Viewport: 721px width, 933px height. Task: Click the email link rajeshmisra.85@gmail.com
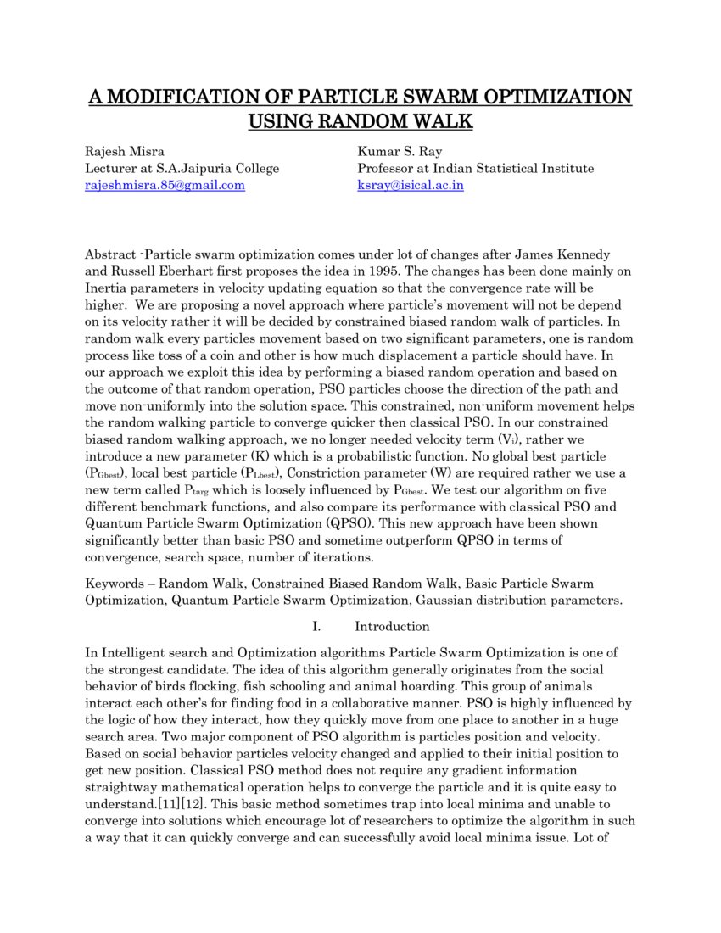coord(165,185)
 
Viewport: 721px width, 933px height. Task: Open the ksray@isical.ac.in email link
coord(411,185)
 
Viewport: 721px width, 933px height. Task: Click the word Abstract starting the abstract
coord(109,254)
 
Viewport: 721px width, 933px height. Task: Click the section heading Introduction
coord(392,627)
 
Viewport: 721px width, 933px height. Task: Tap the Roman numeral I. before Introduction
coord(316,627)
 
